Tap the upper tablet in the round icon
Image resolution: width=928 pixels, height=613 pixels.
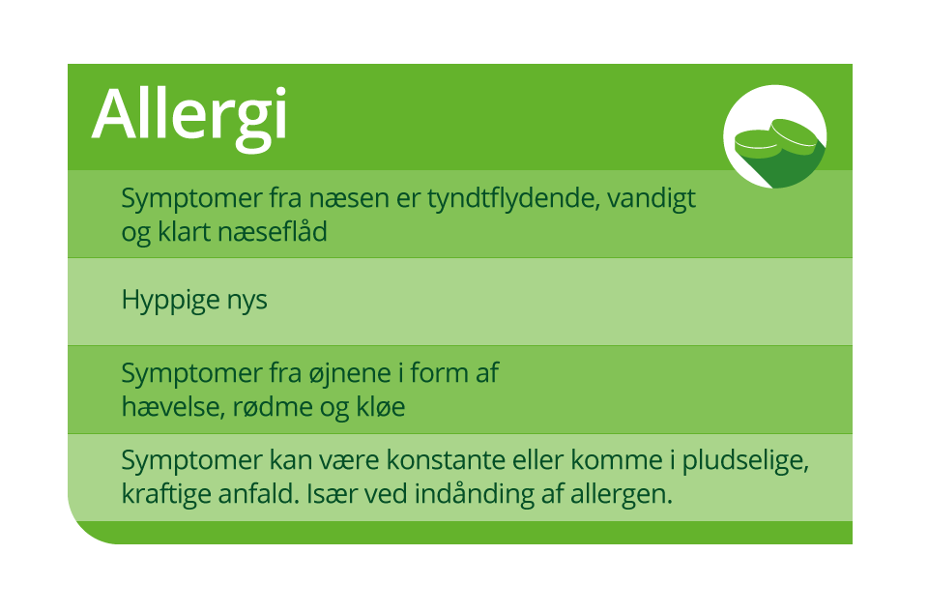click(x=795, y=133)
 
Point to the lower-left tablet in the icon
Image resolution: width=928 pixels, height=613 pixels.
click(x=756, y=144)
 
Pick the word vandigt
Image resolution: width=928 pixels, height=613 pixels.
click(x=652, y=199)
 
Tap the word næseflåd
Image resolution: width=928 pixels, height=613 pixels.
click(x=273, y=231)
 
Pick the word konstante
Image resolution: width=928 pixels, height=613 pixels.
click(x=446, y=460)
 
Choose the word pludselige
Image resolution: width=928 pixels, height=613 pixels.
click(x=745, y=461)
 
